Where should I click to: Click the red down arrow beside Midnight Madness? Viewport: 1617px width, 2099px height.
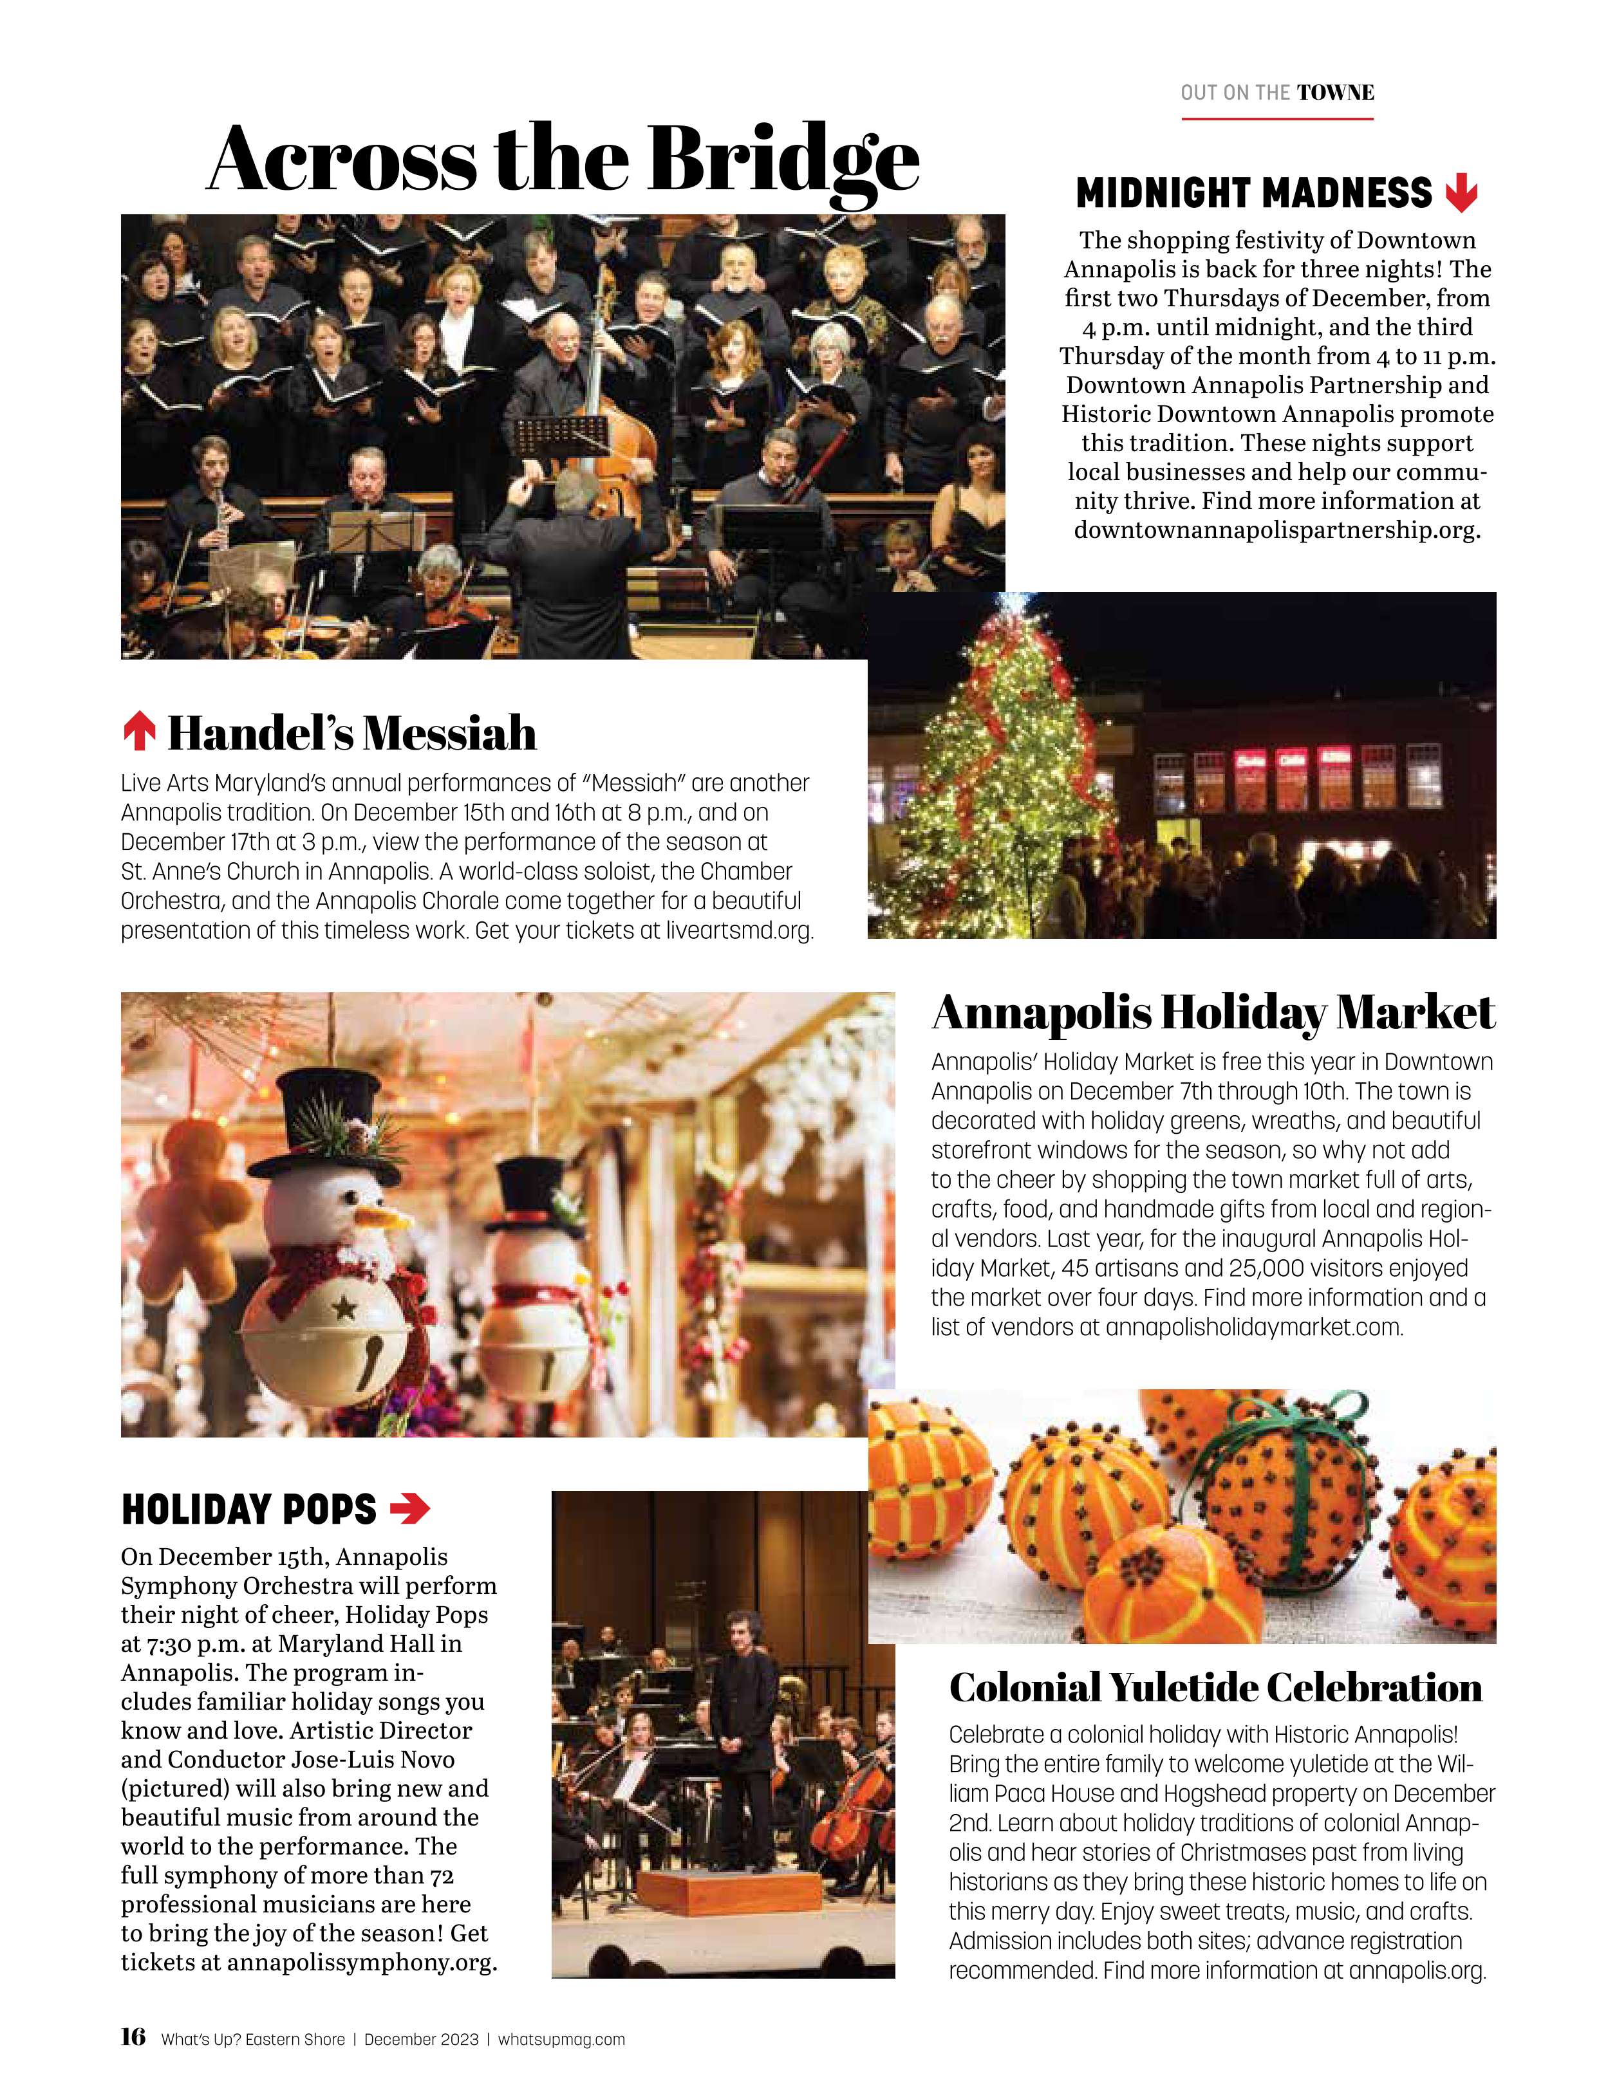point(1461,192)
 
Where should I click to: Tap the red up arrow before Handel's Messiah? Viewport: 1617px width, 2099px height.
point(140,732)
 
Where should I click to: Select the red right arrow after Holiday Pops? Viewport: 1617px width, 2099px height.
point(409,1509)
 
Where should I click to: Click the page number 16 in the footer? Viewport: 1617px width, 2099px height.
point(133,2037)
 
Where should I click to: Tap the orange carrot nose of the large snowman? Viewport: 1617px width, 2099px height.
point(384,1219)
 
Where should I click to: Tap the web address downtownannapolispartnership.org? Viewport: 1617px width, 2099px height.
point(1276,530)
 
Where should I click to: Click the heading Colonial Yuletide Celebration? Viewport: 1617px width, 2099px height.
point(1215,1686)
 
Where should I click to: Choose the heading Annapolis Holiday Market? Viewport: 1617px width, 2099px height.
point(1213,1012)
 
